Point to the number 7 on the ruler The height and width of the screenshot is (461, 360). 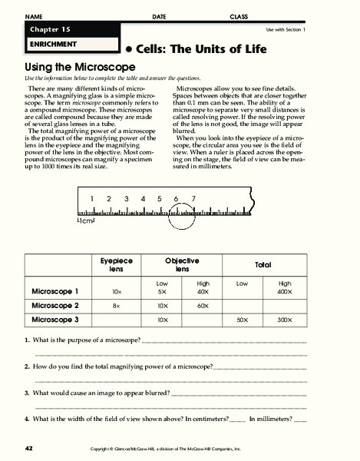coord(193,198)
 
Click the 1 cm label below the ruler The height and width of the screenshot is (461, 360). coord(85,221)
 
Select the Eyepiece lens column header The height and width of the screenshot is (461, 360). coord(117,266)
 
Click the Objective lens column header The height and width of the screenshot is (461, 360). coord(182,266)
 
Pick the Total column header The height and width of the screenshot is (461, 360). coord(263,265)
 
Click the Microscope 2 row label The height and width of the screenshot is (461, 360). coord(65,305)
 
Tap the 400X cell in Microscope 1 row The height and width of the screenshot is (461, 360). coord(285,293)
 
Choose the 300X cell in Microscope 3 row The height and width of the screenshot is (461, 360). coord(285,319)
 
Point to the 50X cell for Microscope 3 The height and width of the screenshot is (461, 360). coord(243,319)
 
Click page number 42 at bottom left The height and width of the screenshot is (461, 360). coord(28,447)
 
